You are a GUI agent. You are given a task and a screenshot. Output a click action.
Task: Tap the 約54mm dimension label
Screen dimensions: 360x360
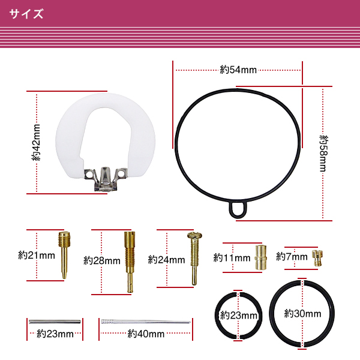(x=238, y=70)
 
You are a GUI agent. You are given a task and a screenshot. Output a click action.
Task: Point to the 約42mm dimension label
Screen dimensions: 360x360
(x=37, y=142)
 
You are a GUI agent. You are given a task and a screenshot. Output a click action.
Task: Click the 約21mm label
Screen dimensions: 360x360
(x=37, y=255)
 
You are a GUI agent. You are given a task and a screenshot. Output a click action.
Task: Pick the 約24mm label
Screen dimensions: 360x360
(x=166, y=260)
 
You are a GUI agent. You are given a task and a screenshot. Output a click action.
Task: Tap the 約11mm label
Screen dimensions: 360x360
(x=232, y=257)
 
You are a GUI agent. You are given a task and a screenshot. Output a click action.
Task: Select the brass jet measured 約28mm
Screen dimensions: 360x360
(x=128, y=260)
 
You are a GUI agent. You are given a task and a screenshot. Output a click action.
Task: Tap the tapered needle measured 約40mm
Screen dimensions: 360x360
(x=146, y=323)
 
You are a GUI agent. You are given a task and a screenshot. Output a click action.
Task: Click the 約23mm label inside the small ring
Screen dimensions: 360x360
(x=238, y=315)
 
